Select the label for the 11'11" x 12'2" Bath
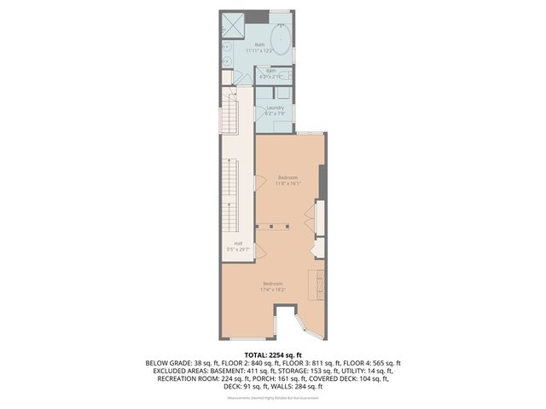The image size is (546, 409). tap(259, 48)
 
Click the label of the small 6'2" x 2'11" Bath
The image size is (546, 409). tap(271, 73)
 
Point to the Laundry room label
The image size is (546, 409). tap(275, 110)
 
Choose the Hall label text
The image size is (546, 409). tap(238, 247)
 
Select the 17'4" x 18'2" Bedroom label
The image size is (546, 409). tap(272, 285)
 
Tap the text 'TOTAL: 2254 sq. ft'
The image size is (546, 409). tap(272, 354)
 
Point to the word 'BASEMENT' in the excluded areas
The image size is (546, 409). tap(230, 371)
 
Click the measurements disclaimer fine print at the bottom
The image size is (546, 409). tap(272, 396)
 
